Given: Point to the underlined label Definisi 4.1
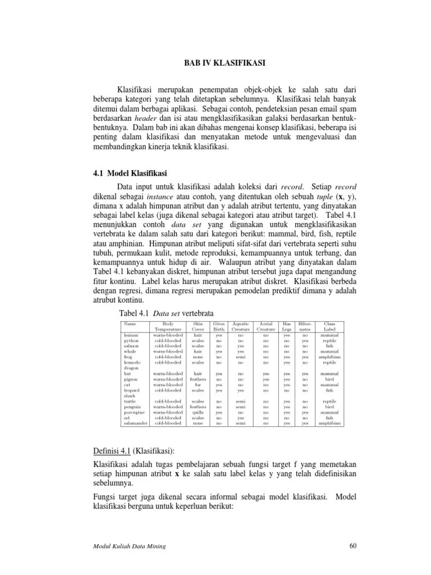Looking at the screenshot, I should click(x=116, y=452).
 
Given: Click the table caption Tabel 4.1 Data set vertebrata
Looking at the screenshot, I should click(x=167, y=312).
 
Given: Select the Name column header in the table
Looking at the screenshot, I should click(x=130, y=324).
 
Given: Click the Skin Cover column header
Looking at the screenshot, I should click(x=198, y=327).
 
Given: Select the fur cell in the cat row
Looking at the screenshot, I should click(x=198, y=385).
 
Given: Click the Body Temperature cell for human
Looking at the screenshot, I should click(x=168, y=335).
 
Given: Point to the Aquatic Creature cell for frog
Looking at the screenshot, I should click(x=241, y=357).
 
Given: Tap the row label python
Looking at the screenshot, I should click(x=131, y=341).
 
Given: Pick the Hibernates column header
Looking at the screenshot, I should click(x=305, y=327).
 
